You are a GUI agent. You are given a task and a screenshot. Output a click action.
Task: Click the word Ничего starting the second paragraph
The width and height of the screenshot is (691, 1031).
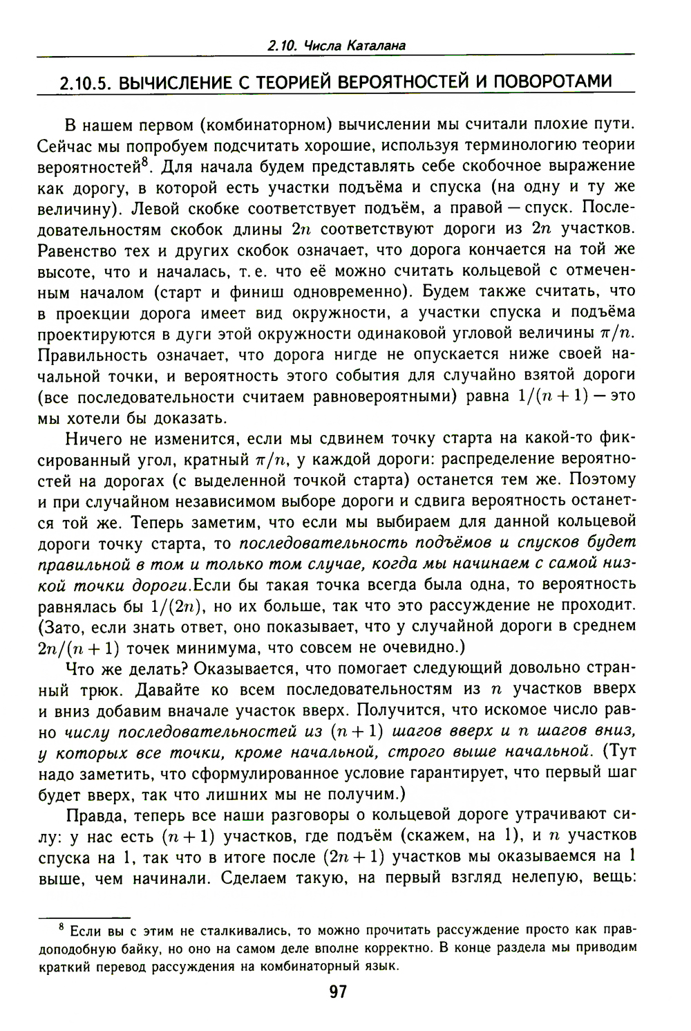[x=93, y=438]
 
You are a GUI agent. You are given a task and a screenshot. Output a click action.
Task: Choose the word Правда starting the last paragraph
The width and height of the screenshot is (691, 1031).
[x=92, y=815]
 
